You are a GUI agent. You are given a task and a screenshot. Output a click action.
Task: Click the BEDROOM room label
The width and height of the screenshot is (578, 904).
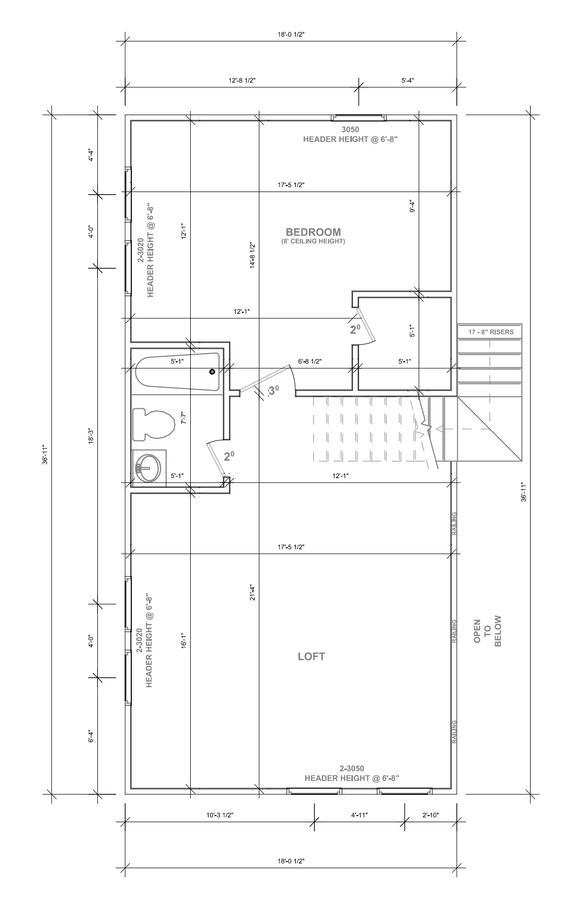pyautogui.click(x=313, y=232)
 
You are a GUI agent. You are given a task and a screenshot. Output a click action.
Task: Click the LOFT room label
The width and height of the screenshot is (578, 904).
pyautogui.click(x=311, y=657)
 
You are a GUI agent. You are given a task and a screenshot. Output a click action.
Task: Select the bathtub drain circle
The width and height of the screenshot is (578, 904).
pyautogui.click(x=212, y=372)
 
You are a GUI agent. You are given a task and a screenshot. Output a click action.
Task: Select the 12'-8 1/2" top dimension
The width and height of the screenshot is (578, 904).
pyautogui.click(x=242, y=80)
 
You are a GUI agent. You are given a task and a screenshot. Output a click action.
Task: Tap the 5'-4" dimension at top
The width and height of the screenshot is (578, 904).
pyautogui.click(x=408, y=80)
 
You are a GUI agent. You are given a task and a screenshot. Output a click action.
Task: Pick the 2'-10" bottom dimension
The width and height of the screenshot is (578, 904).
pyautogui.click(x=430, y=815)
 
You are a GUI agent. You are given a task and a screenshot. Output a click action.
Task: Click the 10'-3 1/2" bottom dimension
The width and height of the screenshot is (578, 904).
pyautogui.click(x=220, y=815)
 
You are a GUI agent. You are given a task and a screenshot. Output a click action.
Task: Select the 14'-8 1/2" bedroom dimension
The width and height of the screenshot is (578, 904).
pyautogui.click(x=252, y=255)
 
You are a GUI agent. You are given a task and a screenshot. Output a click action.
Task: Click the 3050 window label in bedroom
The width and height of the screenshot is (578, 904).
pyautogui.click(x=350, y=130)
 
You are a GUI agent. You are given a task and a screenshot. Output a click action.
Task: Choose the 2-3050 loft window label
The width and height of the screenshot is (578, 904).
pyautogui.click(x=352, y=769)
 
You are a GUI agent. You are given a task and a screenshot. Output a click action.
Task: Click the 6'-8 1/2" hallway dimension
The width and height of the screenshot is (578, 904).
pyautogui.click(x=310, y=361)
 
